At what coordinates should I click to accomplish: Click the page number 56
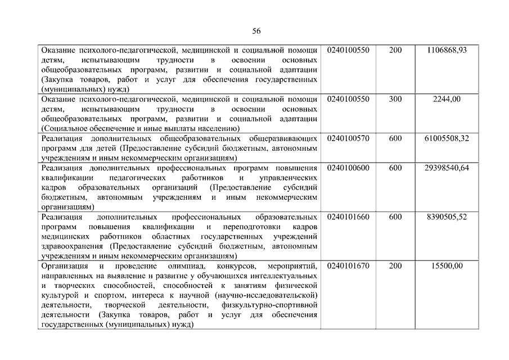pyautogui.click(x=256, y=30)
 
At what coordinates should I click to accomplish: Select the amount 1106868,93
pyautogui.click(x=447, y=50)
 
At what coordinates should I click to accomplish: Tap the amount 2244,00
pyautogui.click(x=447, y=99)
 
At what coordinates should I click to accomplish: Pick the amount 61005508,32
pyautogui.click(x=447, y=138)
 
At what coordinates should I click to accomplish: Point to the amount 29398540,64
pyautogui.click(x=447, y=168)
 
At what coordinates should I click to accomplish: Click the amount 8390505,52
pyautogui.click(x=447, y=217)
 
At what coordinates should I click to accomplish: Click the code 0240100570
pyautogui.click(x=348, y=138)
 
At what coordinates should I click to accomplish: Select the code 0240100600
pyautogui.click(x=348, y=168)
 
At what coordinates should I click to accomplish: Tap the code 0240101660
pyautogui.click(x=348, y=217)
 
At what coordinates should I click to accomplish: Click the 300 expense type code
pyautogui.click(x=395, y=99)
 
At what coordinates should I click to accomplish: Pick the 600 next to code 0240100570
pyautogui.click(x=395, y=138)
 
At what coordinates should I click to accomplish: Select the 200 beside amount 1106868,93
pyautogui.click(x=395, y=50)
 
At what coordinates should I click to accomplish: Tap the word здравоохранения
pyautogui.click(x=74, y=246)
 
